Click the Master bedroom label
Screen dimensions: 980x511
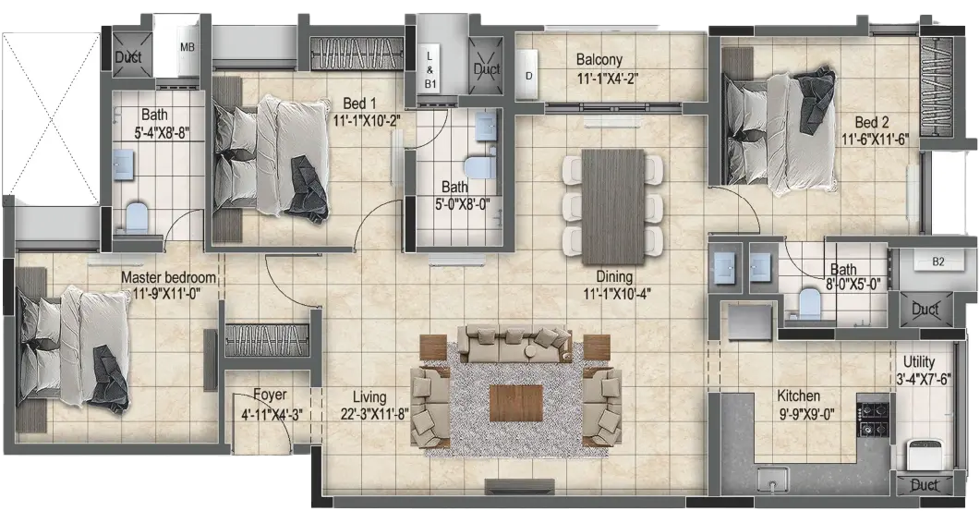point(168,277)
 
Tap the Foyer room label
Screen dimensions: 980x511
point(270,395)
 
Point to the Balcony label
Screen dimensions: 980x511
point(599,60)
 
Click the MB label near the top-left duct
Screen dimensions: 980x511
point(188,47)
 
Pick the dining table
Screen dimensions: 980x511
point(613,206)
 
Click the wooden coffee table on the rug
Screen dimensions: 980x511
point(516,404)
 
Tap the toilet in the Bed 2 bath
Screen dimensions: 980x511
point(809,302)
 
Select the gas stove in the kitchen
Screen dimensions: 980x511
point(874,419)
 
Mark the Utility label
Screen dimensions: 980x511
point(919,361)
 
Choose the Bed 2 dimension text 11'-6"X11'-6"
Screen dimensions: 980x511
point(875,140)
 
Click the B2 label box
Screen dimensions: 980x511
point(938,261)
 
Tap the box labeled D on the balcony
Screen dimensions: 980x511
point(528,75)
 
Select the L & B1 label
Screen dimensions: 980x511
point(430,69)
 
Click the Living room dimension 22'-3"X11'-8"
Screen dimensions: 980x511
point(369,415)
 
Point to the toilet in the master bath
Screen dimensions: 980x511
point(136,216)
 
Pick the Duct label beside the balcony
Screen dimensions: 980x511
point(486,68)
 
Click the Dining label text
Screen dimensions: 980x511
point(613,275)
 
